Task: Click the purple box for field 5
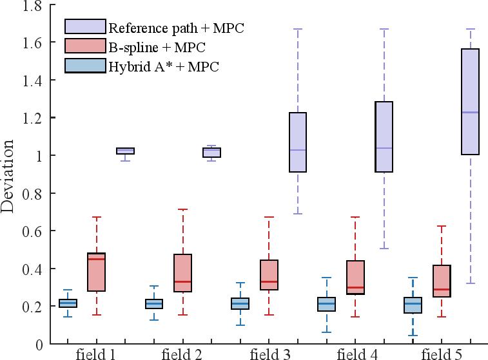point(471,102)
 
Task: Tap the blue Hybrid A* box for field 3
point(240,303)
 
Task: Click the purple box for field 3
point(297,142)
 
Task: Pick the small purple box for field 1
point(125,151)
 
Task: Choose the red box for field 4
point(355,278)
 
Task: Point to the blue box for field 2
point(154,304)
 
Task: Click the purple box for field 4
point(384,137)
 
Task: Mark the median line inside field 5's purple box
point(471,113)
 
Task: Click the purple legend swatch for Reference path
point(85,27)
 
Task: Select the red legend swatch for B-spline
point(85,46)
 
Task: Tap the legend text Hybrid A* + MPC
point(164,66)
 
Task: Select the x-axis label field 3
point(269,354)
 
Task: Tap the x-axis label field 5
point(442,354)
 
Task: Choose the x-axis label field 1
point(95,354)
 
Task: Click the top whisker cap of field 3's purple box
point(297,29)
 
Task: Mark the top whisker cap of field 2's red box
point(183,209)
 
